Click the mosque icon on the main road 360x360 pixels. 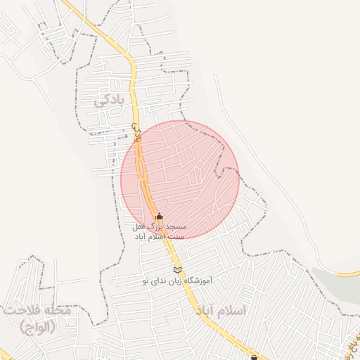(159, 217)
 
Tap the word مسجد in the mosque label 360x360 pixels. (176, 228)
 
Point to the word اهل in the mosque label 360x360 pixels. (139, 228)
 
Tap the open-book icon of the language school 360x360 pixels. (177, 270)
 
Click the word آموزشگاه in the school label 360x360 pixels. (195, 281)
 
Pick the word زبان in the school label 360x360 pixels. (172, 281)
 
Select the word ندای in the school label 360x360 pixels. (157, 281)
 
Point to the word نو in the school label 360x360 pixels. (145, 281)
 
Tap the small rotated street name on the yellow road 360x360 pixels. (136, 131)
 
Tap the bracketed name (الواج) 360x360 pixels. (37, 326)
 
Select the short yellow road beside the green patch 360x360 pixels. (348, 274)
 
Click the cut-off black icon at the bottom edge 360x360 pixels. (255, 356)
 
